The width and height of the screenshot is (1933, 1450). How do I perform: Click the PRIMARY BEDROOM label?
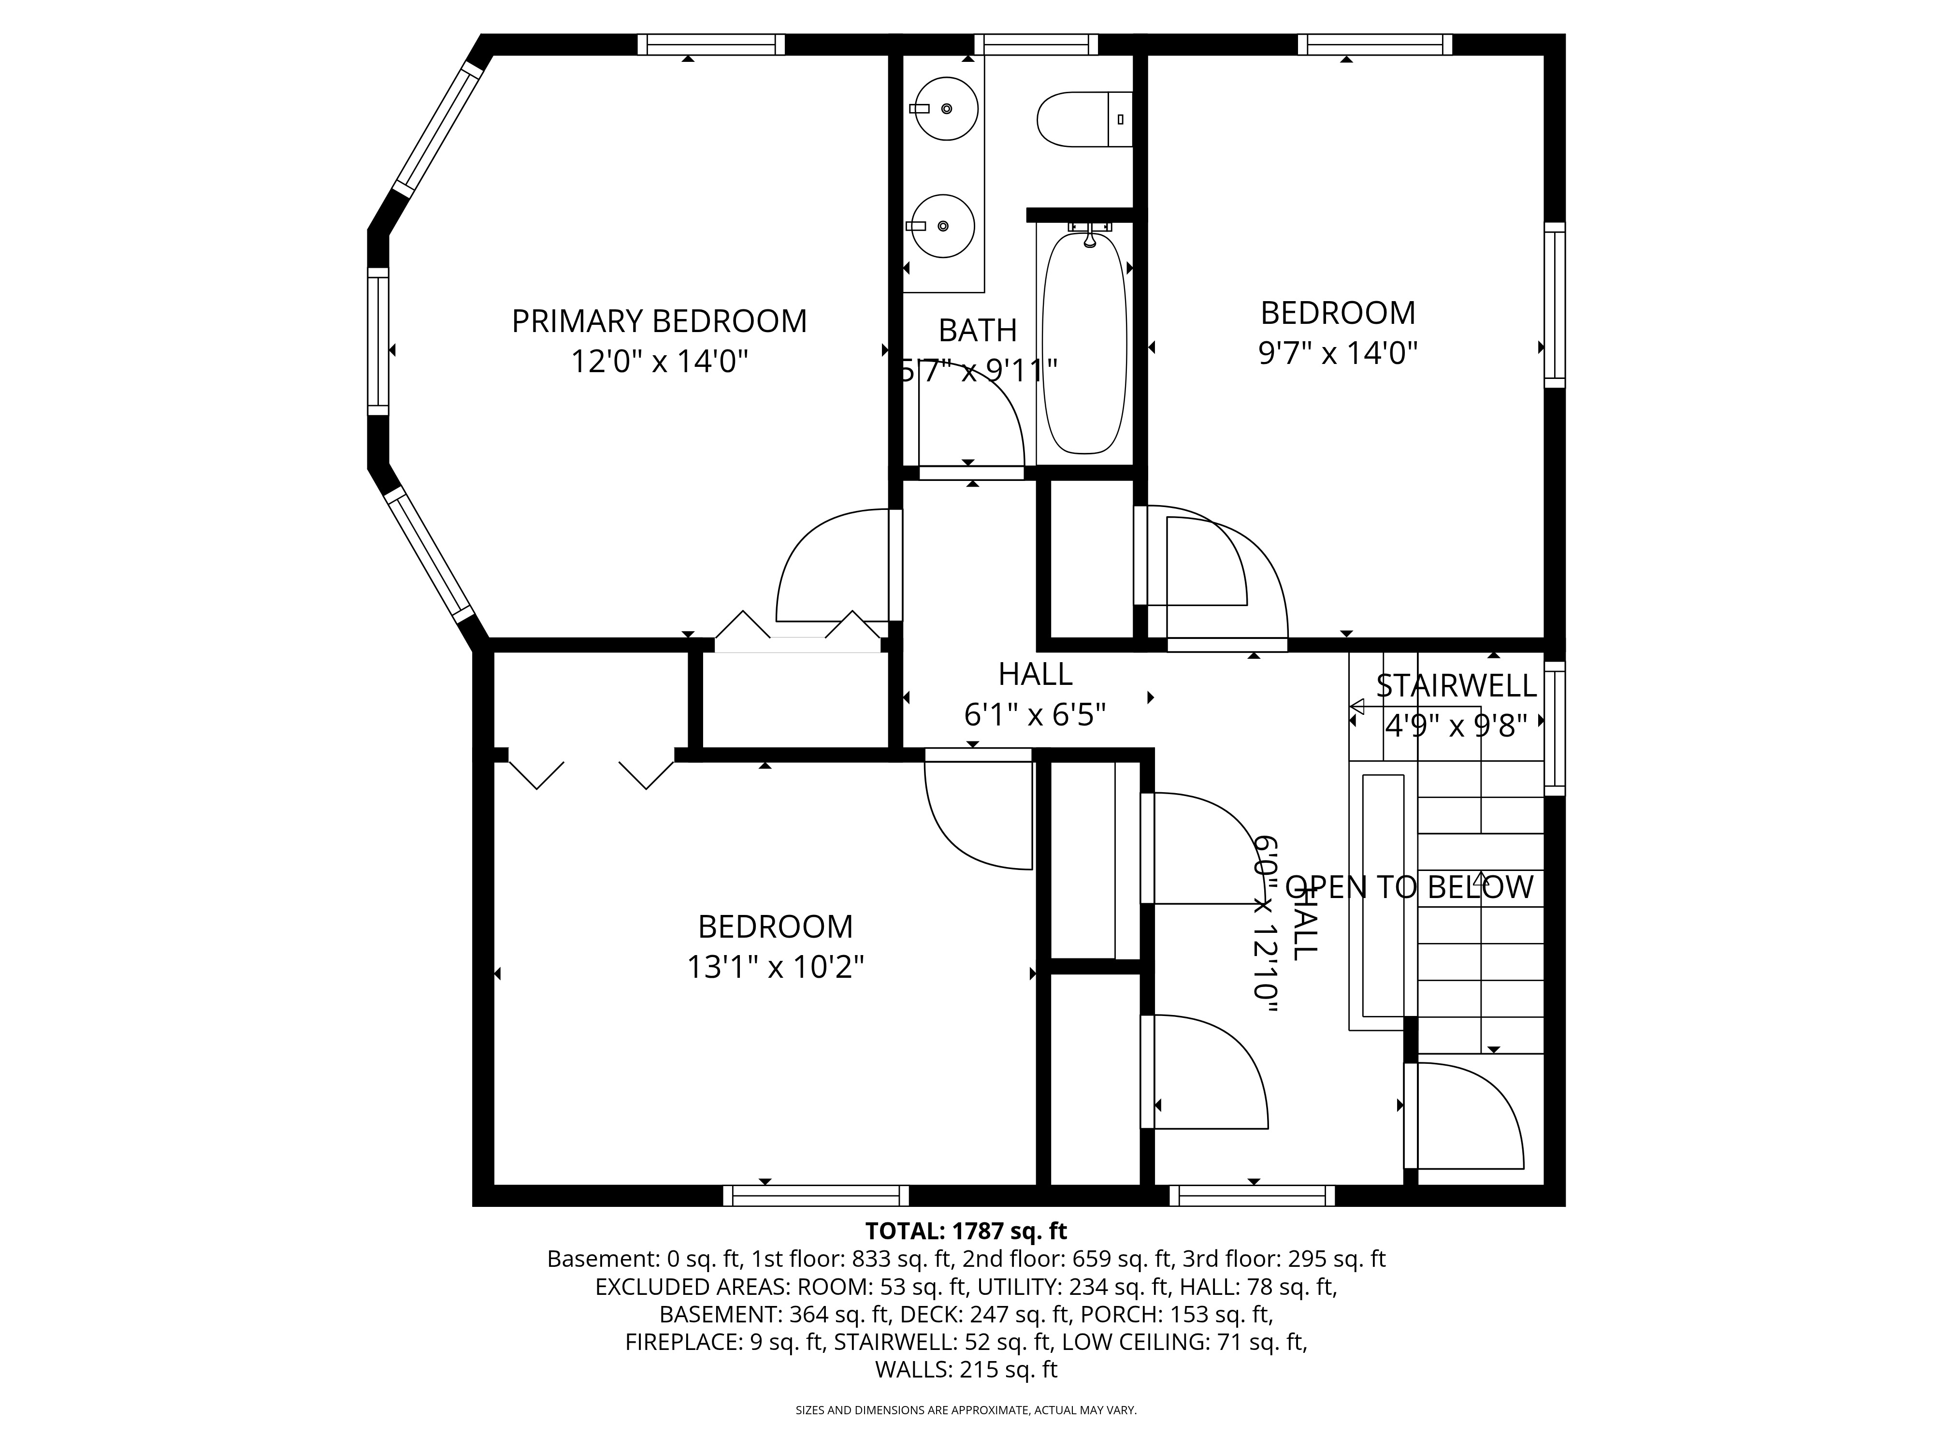[659, 321]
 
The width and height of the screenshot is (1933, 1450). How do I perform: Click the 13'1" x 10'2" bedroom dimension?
[775, 968]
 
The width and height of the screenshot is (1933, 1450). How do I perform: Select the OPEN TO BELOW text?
[1409, 887]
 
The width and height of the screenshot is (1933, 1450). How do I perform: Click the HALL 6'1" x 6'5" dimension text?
[1035, 715]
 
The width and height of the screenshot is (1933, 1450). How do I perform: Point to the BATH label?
[978, 331]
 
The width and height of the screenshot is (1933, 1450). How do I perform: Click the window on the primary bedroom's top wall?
[710, 44]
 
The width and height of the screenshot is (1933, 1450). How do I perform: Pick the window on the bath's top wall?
[1036, 44]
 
